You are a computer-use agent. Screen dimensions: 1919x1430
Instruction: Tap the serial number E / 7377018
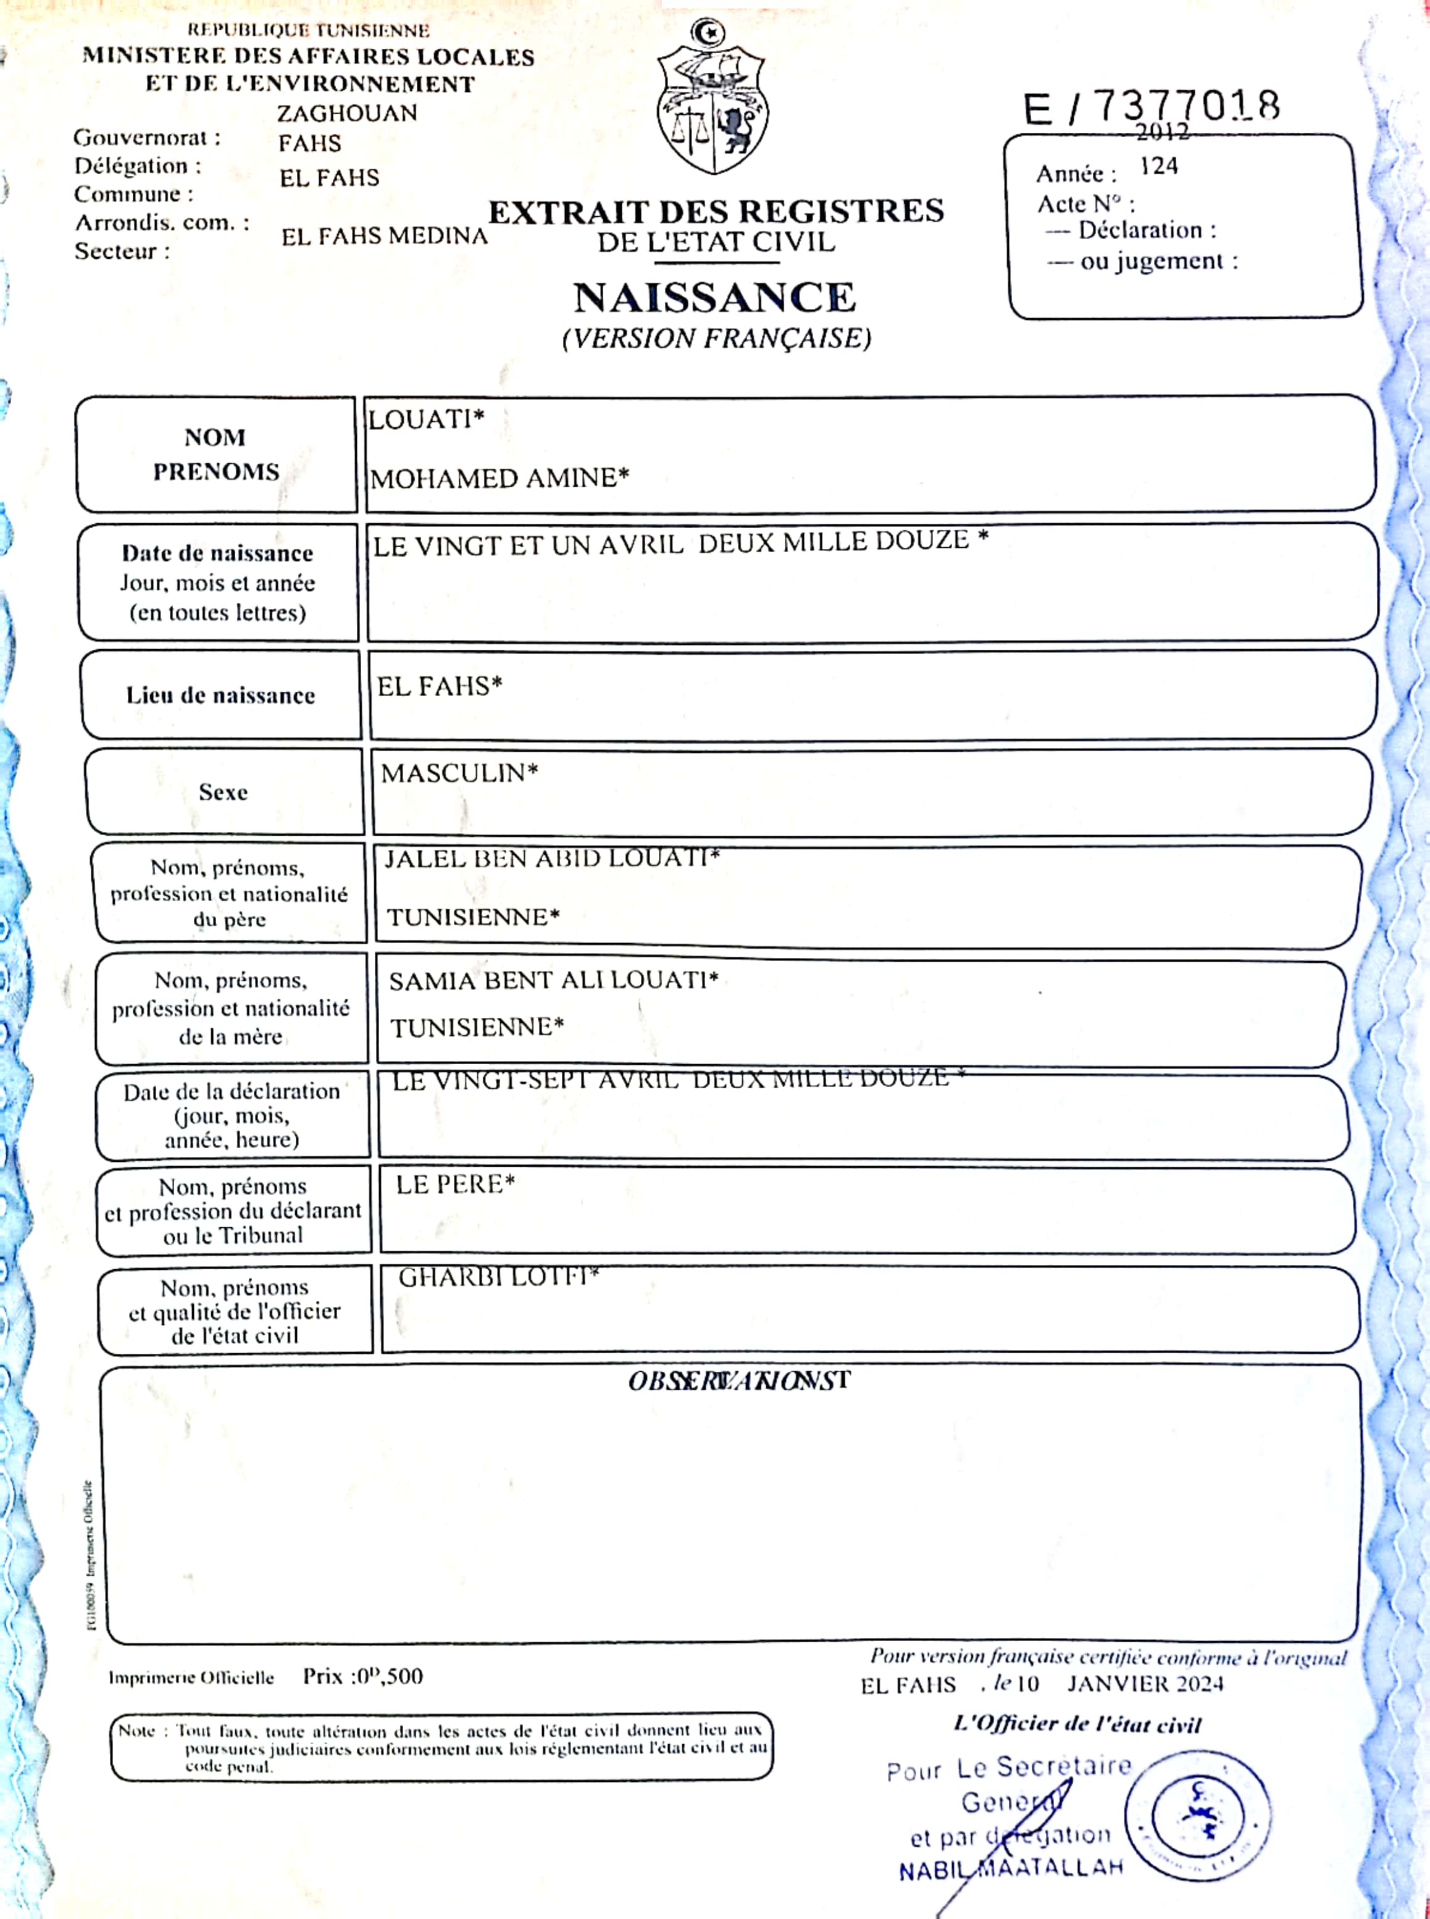point(1152,108)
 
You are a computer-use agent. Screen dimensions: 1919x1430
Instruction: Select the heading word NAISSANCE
point(714,298)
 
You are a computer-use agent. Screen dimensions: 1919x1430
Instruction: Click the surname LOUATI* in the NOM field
point(426,420)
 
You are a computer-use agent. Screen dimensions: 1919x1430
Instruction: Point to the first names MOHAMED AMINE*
point(500,478)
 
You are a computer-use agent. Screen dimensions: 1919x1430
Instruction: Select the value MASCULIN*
point(459,773)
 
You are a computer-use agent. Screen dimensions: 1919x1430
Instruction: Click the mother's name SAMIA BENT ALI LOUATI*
point(553,980)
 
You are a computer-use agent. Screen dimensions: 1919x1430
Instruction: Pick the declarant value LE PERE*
point(455,1184)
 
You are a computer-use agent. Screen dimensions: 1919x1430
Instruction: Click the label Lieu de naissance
point(220,695)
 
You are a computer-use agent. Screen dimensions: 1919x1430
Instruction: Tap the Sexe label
point(224,791)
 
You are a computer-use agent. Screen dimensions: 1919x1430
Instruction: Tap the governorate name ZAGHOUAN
point(347,114)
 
